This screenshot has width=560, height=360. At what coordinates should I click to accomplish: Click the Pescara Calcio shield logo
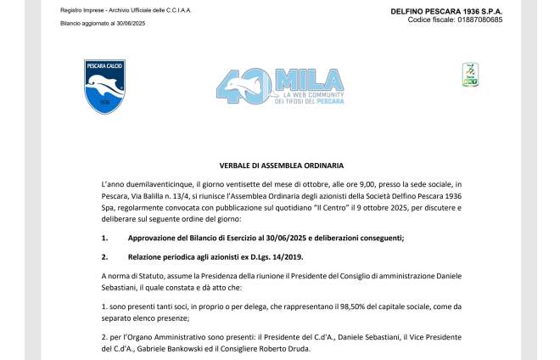coord(104,87)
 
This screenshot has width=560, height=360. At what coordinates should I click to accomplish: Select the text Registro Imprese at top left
coord(79,10)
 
